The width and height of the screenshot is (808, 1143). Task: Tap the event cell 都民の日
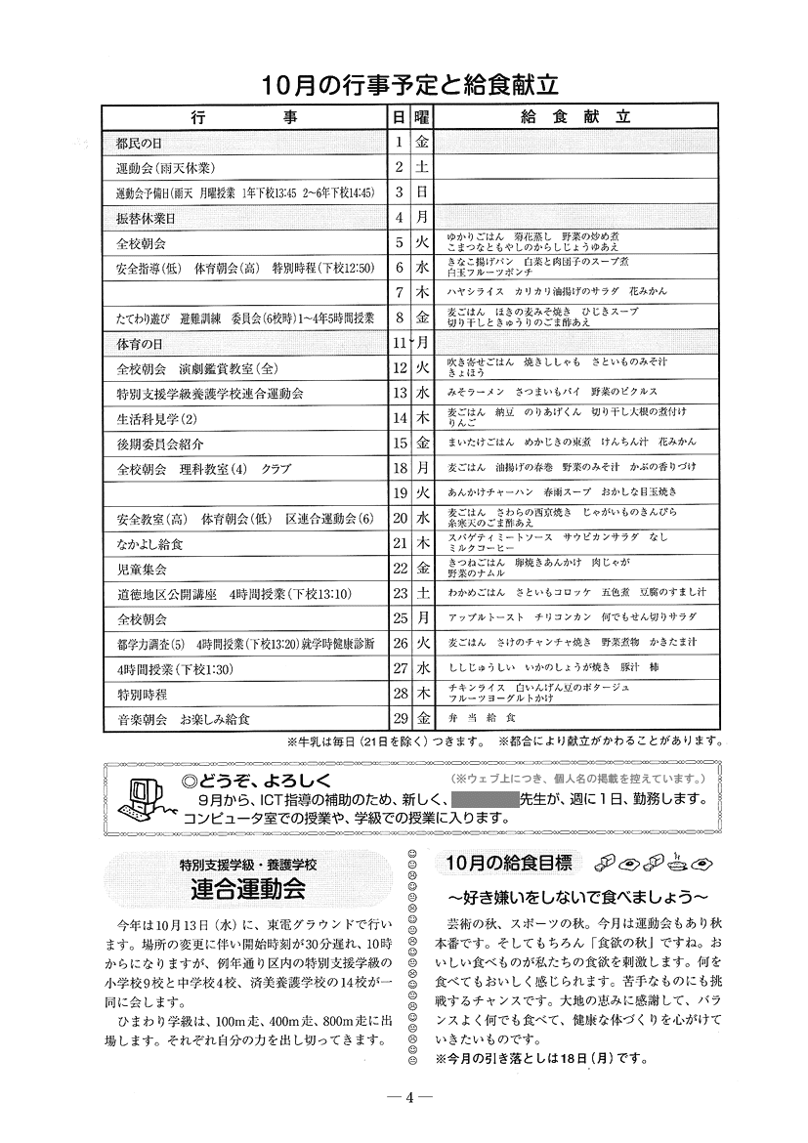[139, 143]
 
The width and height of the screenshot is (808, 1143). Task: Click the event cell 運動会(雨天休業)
[165, 167]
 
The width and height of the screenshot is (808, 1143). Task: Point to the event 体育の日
[139, 343]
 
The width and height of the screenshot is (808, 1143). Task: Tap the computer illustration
[144, 795]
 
